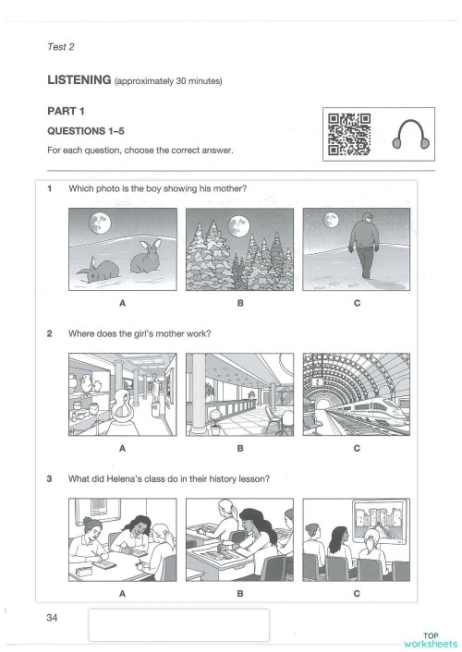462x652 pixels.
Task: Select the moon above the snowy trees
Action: pyautogui.click(x=237, y=223)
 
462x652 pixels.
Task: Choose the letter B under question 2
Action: pyautogui.click(x=239, y=448)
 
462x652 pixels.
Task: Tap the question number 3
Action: pyautogui.click(x=48, y=478)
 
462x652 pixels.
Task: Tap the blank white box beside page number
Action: pyautogui.click(x=178, y=624)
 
